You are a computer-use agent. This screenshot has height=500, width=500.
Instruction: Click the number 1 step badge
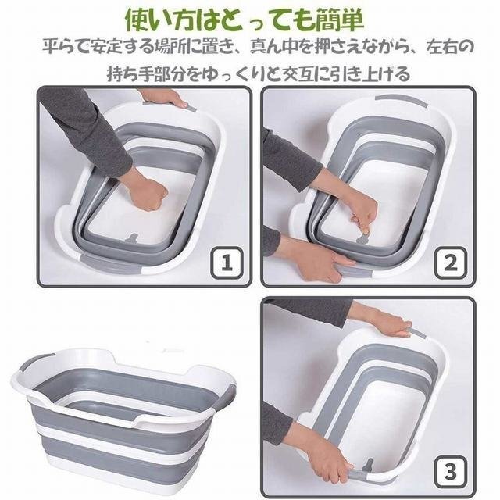[227, 263]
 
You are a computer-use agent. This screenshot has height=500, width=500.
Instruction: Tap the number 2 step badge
[451, 263]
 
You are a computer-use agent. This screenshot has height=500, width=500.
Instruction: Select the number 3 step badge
[451, 472]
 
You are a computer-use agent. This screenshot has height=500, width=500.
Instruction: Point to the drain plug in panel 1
[133, 237]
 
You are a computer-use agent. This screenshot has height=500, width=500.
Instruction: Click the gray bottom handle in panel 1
[109, 264]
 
